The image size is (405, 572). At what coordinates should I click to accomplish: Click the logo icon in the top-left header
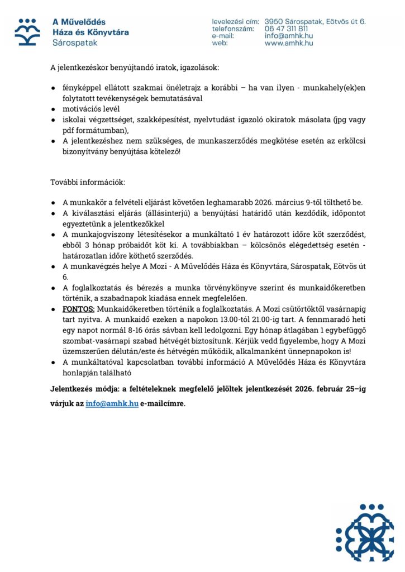click(27, 31)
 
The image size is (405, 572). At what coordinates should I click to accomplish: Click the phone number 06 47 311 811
click(286, 28)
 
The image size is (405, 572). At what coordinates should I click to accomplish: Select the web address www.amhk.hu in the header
click(289, 43)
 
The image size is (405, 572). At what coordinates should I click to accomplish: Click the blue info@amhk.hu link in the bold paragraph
click(112, 402)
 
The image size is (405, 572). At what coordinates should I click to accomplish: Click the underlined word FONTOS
click(79, 308)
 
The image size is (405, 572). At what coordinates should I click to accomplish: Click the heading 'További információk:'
click(88, 182)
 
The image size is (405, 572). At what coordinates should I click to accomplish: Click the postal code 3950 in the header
click(274, 21)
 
